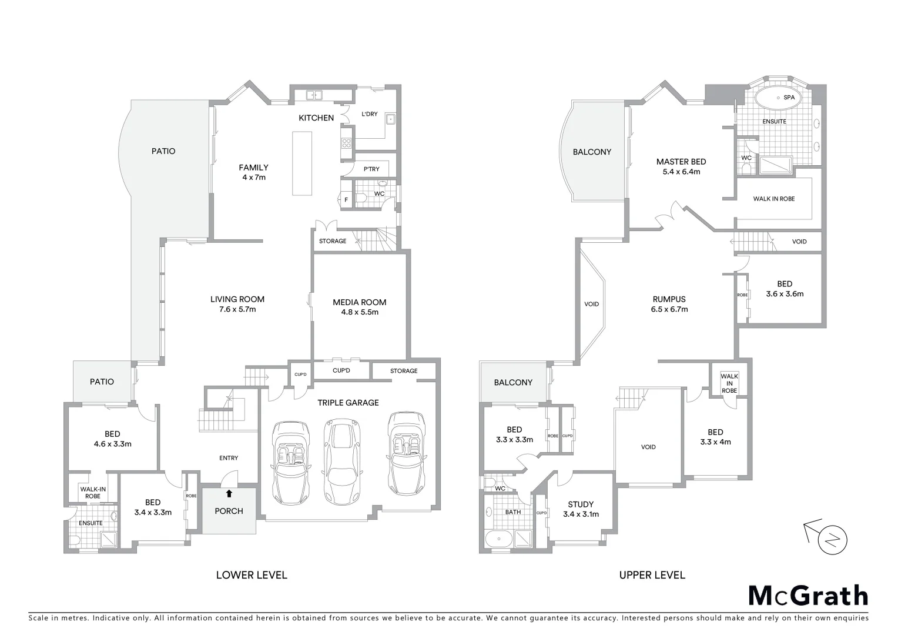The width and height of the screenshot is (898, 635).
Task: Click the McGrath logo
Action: [807, 596]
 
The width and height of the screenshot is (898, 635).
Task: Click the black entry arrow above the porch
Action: [229, 493]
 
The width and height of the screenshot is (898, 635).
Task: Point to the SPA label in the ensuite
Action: [789, 97]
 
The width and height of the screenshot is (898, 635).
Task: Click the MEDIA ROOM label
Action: [360, 302]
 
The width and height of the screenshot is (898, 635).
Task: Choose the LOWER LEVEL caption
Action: [252, 575]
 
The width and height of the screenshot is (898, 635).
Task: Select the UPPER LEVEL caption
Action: [652, 575]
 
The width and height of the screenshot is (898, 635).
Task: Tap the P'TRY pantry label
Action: [371, 169]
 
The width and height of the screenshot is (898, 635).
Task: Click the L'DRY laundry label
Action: [369, 114]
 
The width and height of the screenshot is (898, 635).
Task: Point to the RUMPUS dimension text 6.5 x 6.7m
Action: [669, 309]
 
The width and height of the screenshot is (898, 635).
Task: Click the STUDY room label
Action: [581, 504]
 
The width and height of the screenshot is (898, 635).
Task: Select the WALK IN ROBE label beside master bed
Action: [773, 199]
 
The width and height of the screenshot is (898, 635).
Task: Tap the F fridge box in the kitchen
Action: [346, 200]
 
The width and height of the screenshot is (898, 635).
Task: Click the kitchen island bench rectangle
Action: [303, 163]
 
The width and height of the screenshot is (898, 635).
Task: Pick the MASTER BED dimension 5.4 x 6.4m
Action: [681, 172]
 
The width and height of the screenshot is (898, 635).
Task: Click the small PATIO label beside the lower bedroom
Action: [102, 382]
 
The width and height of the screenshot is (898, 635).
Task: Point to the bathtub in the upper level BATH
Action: [497, 537]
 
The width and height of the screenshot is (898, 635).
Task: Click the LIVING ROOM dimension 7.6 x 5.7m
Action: [237, 309]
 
